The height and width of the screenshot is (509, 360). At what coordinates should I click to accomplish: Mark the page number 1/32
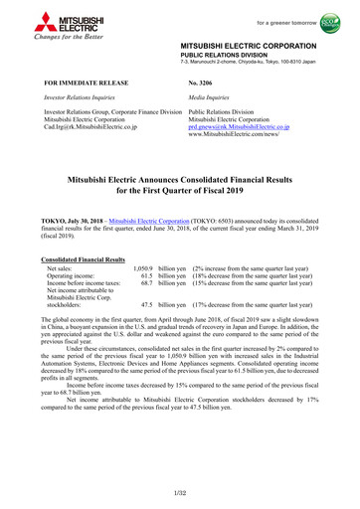coord(179,493)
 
